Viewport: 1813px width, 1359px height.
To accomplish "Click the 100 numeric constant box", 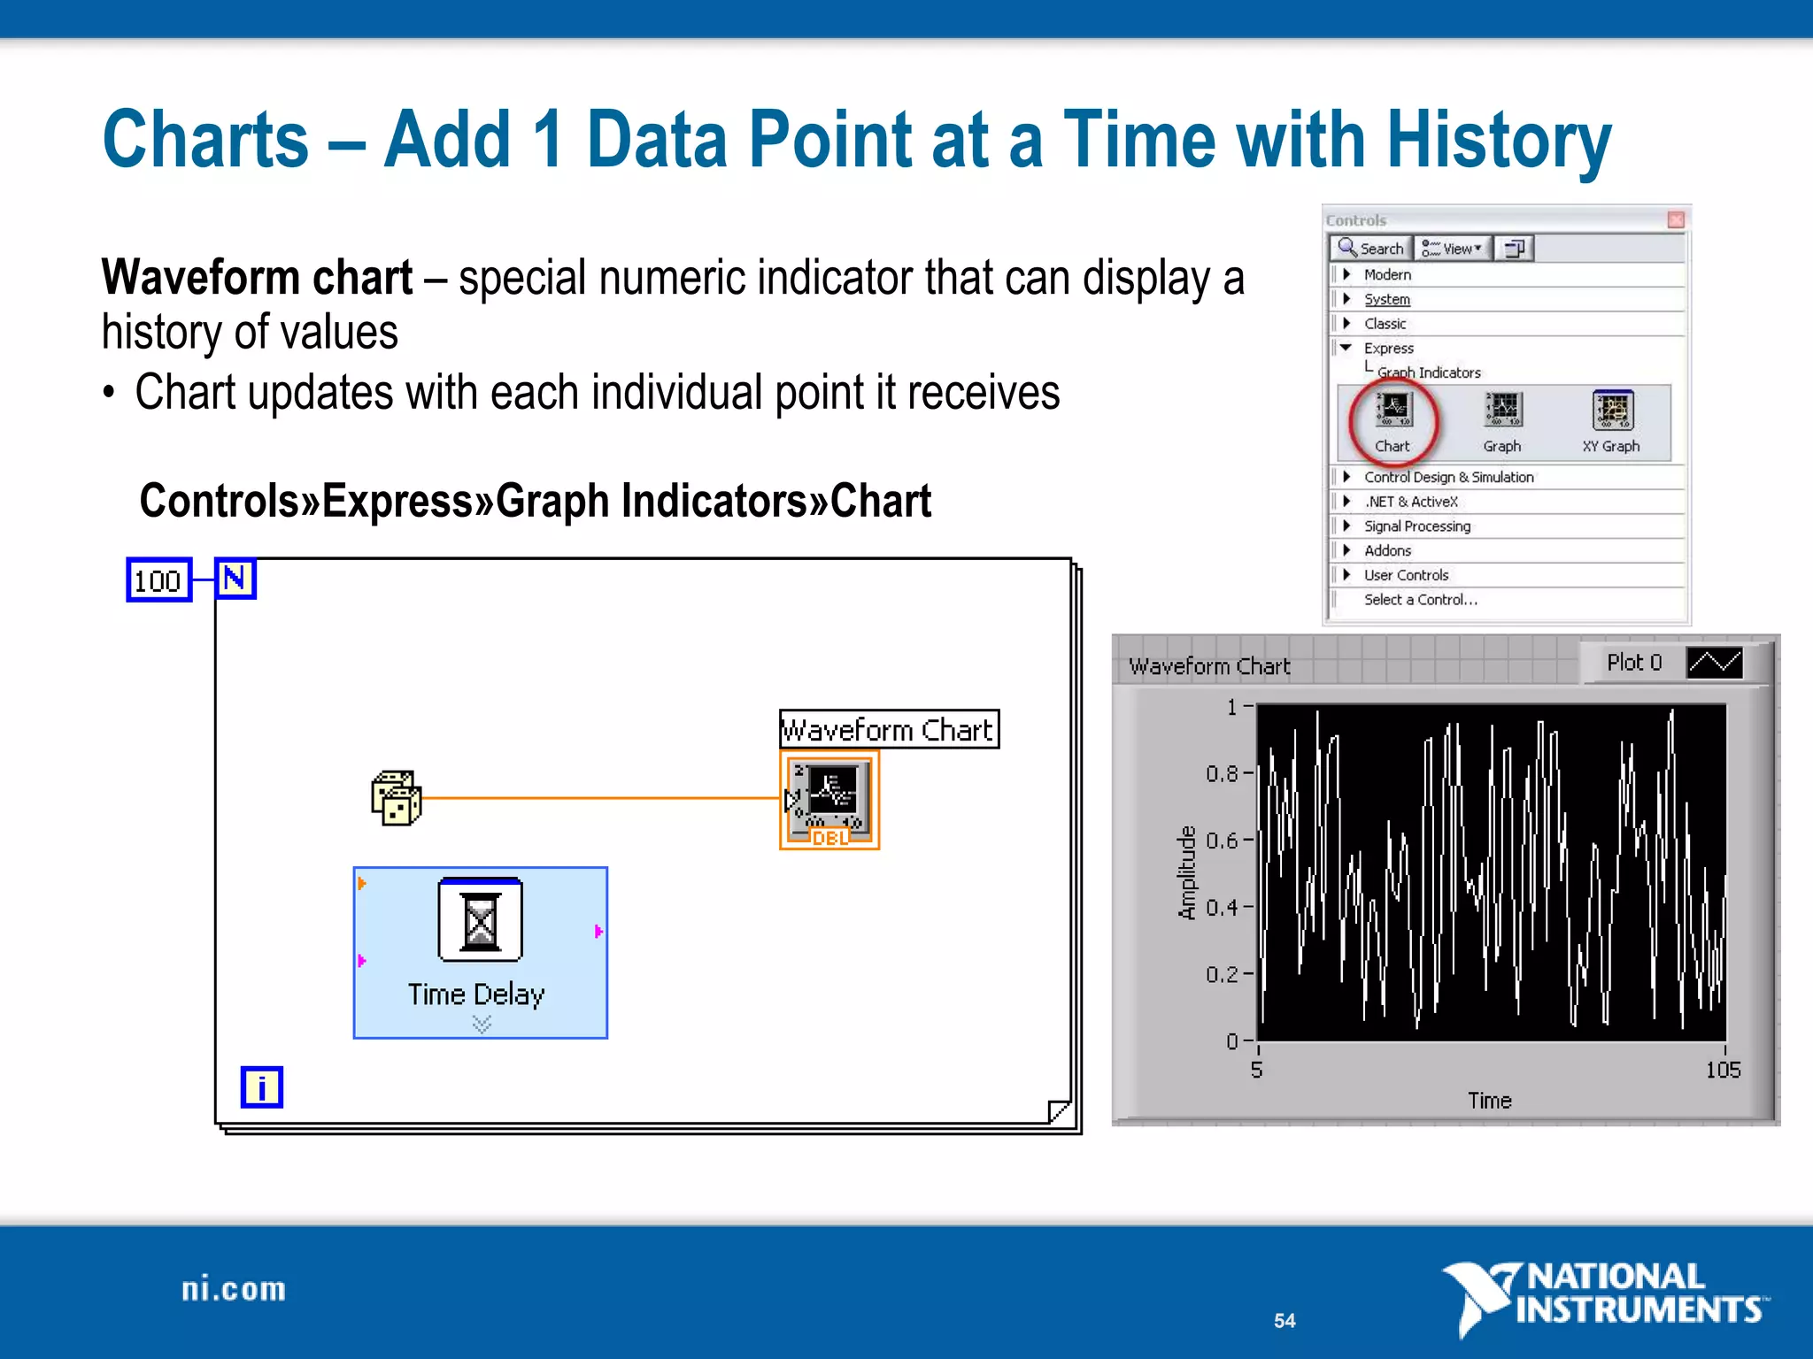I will [x=158, y=580].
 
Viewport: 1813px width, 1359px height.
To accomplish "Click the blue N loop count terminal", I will [x=235, y=579].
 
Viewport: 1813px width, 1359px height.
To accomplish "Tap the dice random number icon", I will [x=396, y=798].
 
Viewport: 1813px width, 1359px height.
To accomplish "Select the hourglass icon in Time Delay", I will [x=480, y=920].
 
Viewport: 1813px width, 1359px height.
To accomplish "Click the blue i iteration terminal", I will [x=261, y=1086].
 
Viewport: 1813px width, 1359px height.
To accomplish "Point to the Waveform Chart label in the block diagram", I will [x=888, y=730].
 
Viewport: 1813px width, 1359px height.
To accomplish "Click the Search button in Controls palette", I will [x=1371, y=249].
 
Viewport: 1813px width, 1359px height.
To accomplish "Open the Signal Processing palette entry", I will [x=1416, y=526].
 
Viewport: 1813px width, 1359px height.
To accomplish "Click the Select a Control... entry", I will [x=1420, y=600].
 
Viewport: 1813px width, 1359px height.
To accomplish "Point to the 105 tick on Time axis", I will [x=1723, y=1070].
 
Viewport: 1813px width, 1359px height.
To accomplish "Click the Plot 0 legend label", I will [x=1634, y=663].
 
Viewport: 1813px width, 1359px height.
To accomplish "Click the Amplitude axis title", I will [x=1186, y=872].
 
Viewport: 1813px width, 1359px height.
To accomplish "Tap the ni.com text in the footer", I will [x=234, y=1289].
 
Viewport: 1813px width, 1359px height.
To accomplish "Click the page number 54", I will [x=1285, y=1321].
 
